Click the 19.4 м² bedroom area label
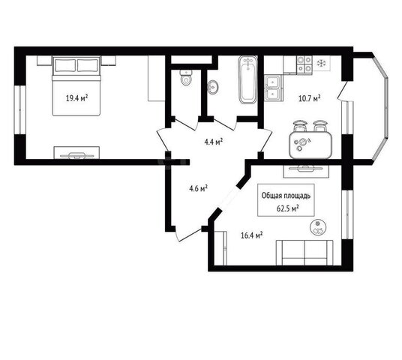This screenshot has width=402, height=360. pyautogui.click(x=77, y=98)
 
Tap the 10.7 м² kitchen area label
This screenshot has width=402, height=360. pyautogui.click(x=310, y=98)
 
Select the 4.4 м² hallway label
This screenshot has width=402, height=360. pyautogui.click(x=213, y=142)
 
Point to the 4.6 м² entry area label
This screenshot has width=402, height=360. pyautogui.click(x=198, y=188)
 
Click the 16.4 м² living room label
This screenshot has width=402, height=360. pyautogui.click(x=252, y=235)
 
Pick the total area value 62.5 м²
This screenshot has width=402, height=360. pyautogui.click(x=288, y=208)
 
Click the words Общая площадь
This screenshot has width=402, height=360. pyautogui.click(x=286, y=196)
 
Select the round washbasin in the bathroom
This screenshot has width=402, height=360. pyautogui.click(x=213, y=87)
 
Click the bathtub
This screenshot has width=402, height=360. pyautogui.click(x=247, y=79)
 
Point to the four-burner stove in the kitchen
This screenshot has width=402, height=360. pyautogui.click(x=304, y=64)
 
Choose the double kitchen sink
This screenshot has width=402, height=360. pyautogui.click(x=273, y=88)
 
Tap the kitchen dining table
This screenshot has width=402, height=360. pyautogui.click(x=310, y=145)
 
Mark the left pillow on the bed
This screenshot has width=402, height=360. pyautogui.click(x=65, y=65)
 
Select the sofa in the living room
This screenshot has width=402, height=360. pyautogui.click(x=304, y=253)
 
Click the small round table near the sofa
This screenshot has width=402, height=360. pyautogui.click(x=318, y=227)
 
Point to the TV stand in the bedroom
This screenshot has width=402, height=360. pyautogui.click(x=76, y=153)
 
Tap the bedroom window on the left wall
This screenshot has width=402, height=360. pyautogui.click(x=20, y=109)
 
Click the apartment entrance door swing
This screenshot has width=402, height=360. pyautogui.click(x=189, y=234)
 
